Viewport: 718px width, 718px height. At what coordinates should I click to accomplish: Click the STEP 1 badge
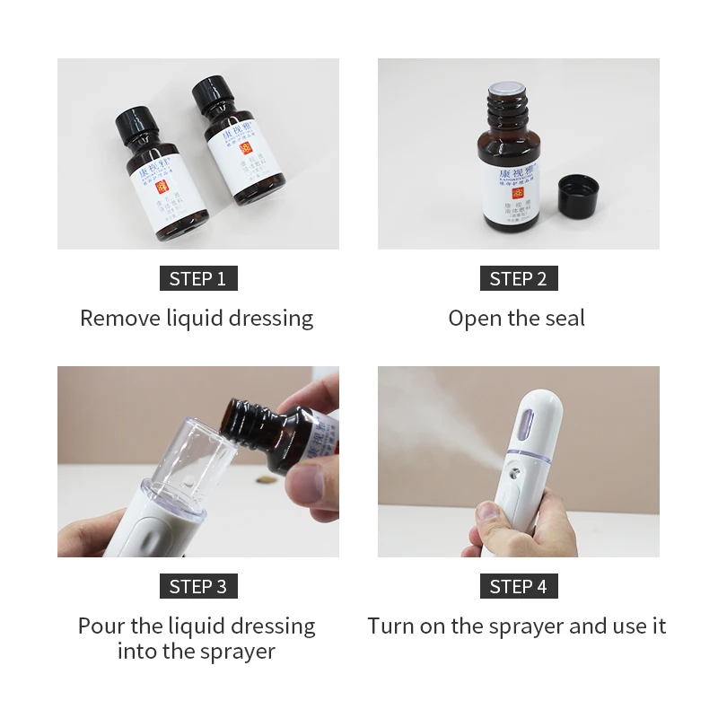[197, 278]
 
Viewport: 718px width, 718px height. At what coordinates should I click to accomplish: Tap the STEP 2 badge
[518, 278]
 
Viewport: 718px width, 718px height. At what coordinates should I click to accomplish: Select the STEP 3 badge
[197, 587]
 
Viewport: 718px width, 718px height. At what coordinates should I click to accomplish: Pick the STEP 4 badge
[518, 587]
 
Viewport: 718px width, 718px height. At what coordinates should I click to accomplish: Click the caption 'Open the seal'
[517, 319]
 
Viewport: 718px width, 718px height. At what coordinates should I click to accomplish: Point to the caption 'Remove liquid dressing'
[197, 319]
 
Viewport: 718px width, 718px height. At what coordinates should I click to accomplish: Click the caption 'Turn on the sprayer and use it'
[517, 626]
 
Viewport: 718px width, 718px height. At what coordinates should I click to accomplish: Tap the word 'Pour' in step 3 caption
[101, 626]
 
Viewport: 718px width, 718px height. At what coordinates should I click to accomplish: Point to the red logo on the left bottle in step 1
[162, 188]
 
